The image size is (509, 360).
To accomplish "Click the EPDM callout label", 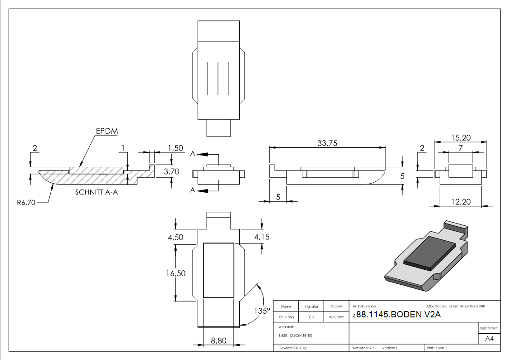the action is [x=107, y=131].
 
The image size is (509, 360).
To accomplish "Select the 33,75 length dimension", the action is [x=327, y=143].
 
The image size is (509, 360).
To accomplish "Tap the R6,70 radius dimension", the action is [x=26, y=203].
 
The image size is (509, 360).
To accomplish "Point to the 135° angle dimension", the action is [x=262, y=311].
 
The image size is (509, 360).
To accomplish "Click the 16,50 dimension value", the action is [x=175, y=273].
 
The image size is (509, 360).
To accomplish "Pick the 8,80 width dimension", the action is [x=218, y=341].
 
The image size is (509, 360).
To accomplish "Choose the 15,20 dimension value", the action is [x=461, y=138].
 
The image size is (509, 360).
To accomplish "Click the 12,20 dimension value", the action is [x=461, y=202].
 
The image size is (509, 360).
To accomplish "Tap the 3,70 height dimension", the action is [x=171, y=171].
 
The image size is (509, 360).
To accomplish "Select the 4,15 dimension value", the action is [x=262, y=237].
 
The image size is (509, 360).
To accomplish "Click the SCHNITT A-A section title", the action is [x=97, y=192].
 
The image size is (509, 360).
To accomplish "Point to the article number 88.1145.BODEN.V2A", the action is [x=398, y=314].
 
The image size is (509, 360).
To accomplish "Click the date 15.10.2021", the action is [x=336, y=317].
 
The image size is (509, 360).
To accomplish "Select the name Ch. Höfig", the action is [x=286, y=317].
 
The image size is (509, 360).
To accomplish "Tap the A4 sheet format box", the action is [x=489, y=339].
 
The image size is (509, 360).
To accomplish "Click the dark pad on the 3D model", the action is [x=430, y=253].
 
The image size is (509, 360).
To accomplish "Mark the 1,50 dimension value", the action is [x=175, y=148].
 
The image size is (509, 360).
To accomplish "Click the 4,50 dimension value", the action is [x=175, y=237].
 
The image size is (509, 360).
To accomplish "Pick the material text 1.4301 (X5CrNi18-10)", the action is [x=296, y=336].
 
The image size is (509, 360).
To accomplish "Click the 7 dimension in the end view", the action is [x=461, y=148].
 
